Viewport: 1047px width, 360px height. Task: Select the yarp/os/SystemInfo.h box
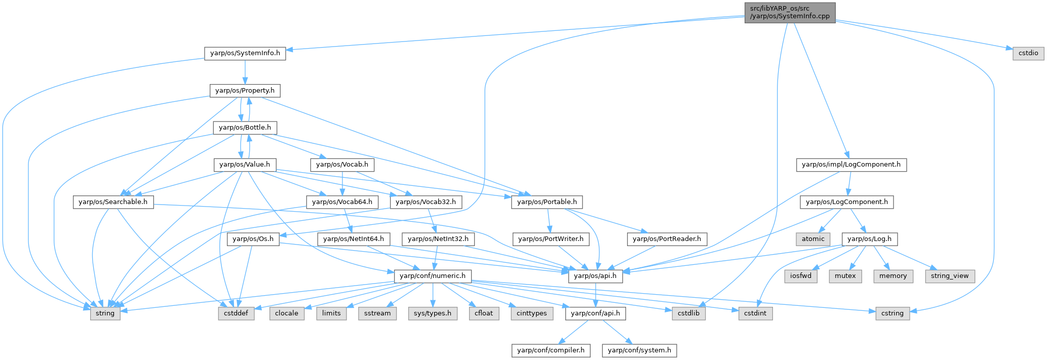coord(245,53)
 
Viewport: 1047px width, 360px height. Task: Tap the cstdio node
coord(1028,53)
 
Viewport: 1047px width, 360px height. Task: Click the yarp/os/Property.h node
coord(245,91)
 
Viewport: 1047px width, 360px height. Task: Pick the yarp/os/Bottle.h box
coord(245,128)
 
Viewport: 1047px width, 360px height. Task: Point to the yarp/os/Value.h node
coord(245,165)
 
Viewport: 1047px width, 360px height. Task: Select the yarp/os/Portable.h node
coord(547,202)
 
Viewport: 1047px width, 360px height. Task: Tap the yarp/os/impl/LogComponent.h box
coord(851,165)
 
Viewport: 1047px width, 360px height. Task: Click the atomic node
coord(813,239)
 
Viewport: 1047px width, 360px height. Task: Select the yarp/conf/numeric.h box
coord(433,276)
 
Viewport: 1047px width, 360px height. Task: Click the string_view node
coord(949,276)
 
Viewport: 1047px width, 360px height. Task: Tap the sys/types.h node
coord(433,313)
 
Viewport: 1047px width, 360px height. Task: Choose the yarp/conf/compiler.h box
coord(551,350)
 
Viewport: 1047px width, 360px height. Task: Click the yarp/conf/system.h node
coord(639,350)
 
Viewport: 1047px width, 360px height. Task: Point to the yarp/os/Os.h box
coord(253,239)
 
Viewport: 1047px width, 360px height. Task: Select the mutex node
coord(845,276)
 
